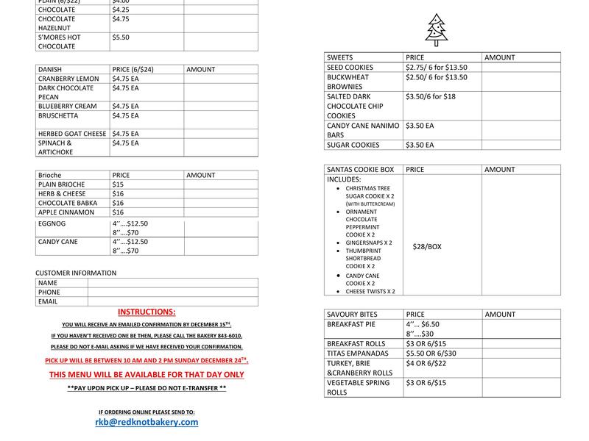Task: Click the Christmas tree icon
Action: click(437, 29)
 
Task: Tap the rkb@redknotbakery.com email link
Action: click(147, 422)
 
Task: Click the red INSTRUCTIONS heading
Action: click(147, 312)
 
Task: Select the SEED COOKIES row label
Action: click(350, 68)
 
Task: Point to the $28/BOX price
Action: click(427, 247)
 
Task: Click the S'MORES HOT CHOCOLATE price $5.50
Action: click(120, 37)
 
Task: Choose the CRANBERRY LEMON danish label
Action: click(68, 79)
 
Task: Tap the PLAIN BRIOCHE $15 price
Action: click(118, 184)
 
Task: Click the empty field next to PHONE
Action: click(172, 292)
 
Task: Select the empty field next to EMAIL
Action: click(172, 301)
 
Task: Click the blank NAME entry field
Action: click(172, 283)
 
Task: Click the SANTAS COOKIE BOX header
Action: click(359, 170)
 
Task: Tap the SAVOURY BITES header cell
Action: click(352, 315)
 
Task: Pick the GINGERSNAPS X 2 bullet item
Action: click(369, 243)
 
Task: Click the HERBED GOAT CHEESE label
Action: click(72, 134)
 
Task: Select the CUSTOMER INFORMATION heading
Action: click(76, 273)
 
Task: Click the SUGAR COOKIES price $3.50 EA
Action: click(420, 146)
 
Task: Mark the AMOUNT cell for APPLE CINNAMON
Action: click(221, 212)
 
